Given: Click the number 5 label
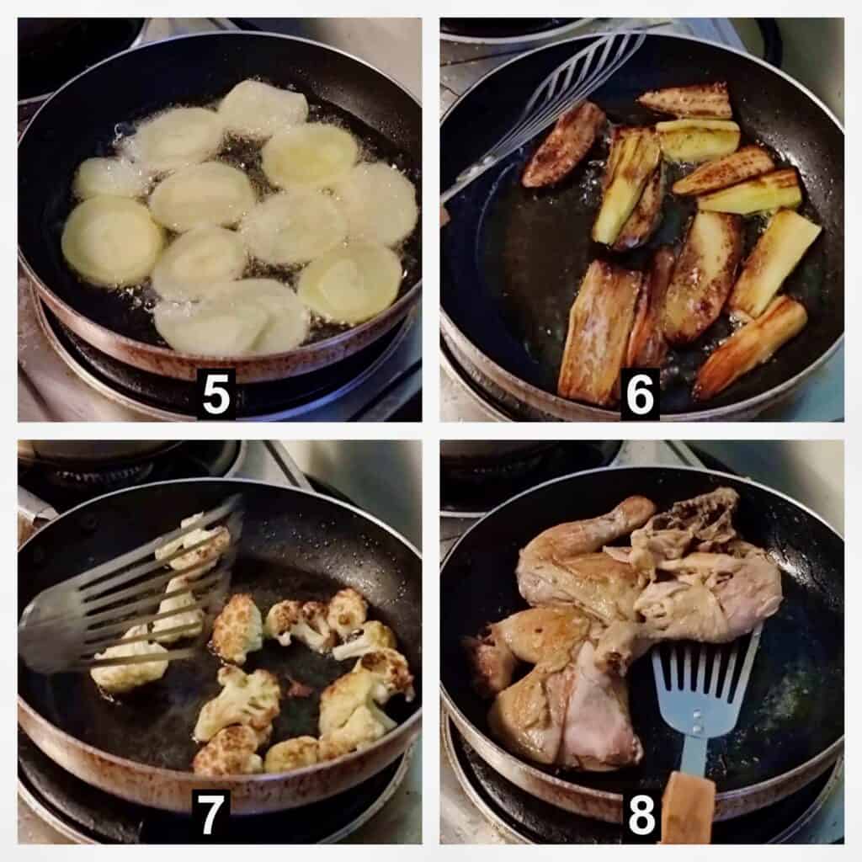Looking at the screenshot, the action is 215,395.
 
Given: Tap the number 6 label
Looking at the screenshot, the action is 640,395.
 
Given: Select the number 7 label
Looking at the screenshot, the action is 210,816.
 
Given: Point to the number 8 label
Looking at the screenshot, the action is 641,816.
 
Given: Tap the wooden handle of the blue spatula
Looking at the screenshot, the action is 689,807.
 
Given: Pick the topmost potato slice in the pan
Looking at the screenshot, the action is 263,108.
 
